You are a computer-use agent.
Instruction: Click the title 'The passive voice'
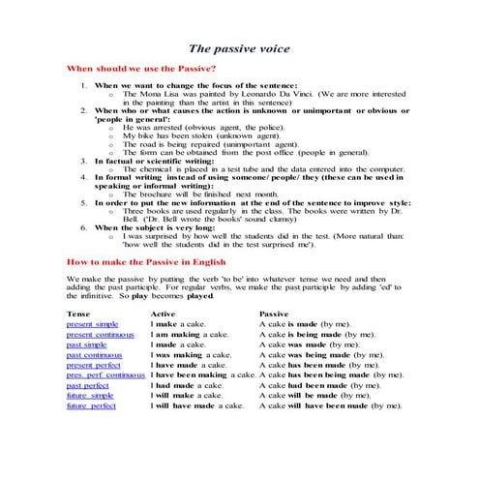pyautogui.click(x=238, y=48)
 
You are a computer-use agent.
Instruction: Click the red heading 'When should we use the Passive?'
pyautogui.click(x=140, y=70)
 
